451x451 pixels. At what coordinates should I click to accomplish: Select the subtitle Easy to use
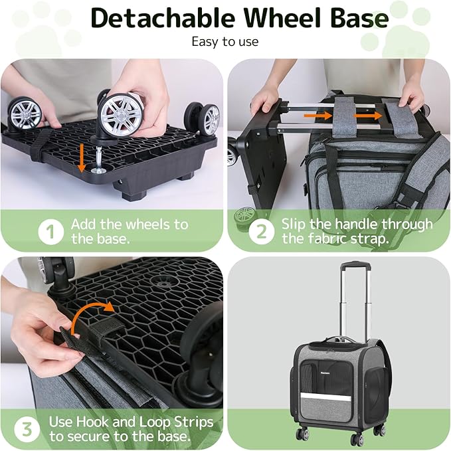(x=225, y=42)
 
